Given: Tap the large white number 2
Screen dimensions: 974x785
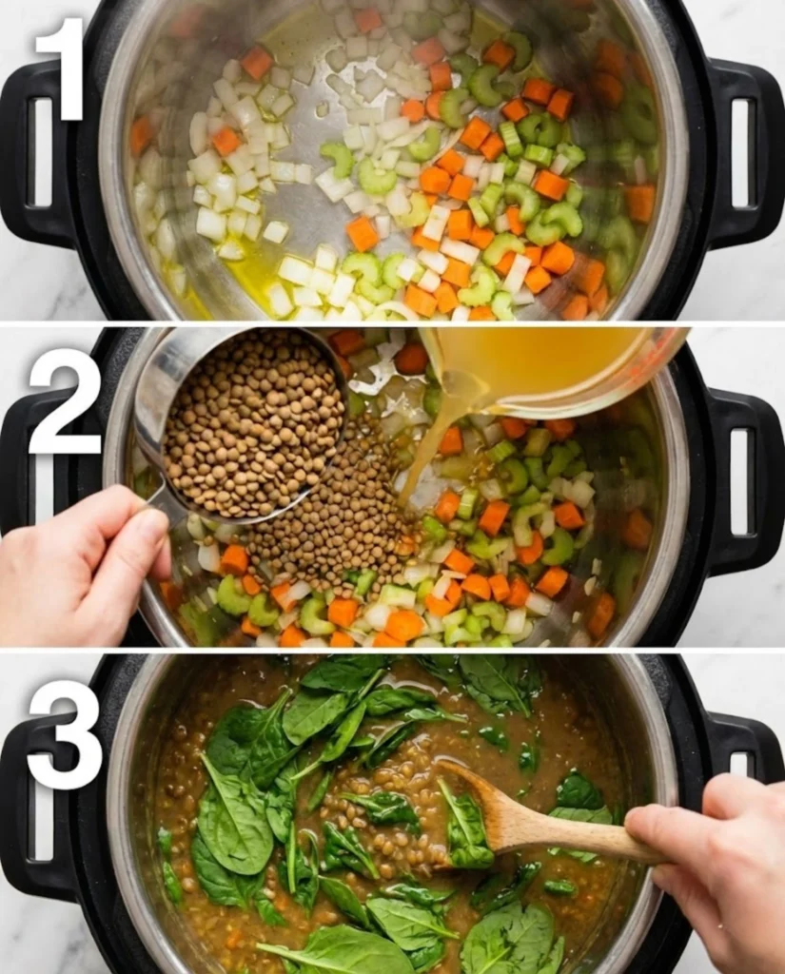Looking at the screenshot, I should point(64,399).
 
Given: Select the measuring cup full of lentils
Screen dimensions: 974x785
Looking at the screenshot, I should point(252,423).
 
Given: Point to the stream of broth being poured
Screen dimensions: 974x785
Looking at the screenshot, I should point(428,447).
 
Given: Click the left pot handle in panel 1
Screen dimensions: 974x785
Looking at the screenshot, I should point(38,157).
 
